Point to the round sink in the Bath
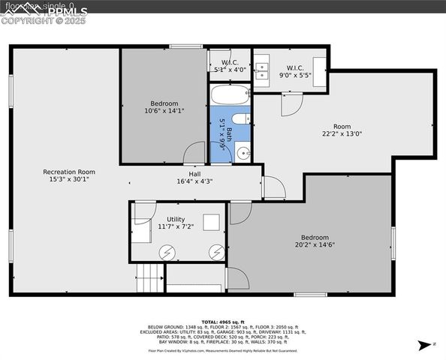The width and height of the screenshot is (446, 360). pos(244,153)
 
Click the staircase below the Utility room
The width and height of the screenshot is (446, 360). pos(149,279)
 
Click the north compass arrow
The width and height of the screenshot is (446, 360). pos(424,345)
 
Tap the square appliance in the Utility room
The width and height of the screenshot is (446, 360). pos(212,222)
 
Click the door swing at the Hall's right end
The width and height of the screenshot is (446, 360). pos(272,187)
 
